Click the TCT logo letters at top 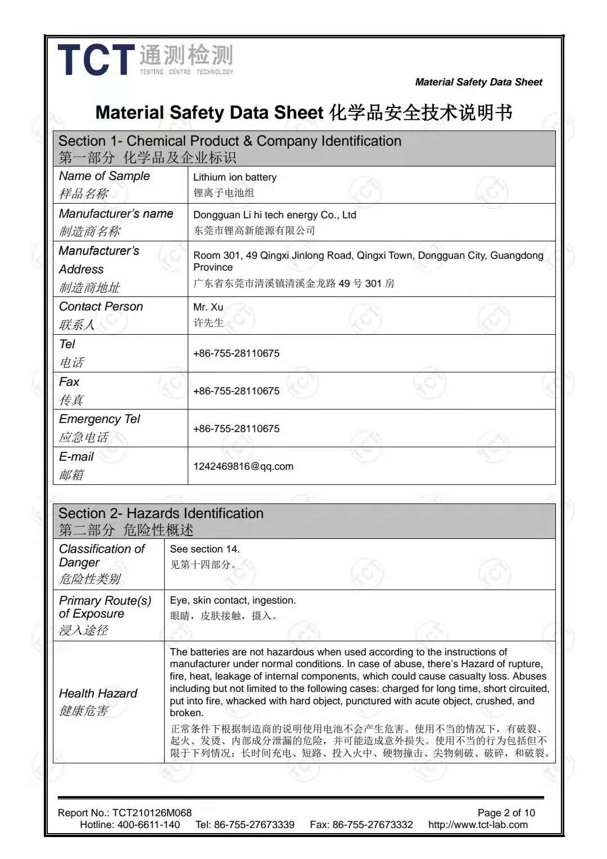(96, 60)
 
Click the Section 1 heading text (230, 141)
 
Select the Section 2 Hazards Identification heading (161, 514)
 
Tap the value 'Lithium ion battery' (235, 177)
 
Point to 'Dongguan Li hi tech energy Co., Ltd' (275, 215)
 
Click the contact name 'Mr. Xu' (208, 307)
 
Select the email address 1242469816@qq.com (243, 466)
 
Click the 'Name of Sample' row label (105, 176)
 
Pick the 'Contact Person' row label (101, 307)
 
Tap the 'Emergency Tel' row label (99, 419)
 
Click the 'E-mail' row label (76, 457)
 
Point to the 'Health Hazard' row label (98, 694)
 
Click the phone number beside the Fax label (236, 391)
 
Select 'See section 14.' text (205, 549)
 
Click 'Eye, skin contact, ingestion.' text (233, 601)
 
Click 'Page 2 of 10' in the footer (506, 813)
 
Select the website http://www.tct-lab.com (478, 825)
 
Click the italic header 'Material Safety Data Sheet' (478, 82)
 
